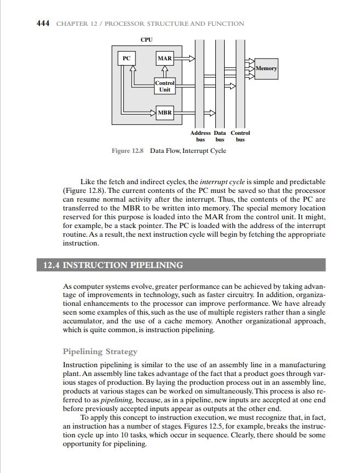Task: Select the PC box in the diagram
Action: pos(127,58)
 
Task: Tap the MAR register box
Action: pos(164,58)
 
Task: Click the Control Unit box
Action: pos(164,86)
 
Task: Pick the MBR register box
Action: pos(164,113)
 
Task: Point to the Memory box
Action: pos(266,69)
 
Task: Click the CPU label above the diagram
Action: pos(146,40)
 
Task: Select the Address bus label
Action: pos(200,136)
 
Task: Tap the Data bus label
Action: pos(220,136)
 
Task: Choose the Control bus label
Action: pos(240,136)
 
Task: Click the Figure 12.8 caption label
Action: pos(127,151)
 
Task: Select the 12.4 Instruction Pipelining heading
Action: pos(113,265)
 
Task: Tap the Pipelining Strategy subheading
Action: pos(100,351)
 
